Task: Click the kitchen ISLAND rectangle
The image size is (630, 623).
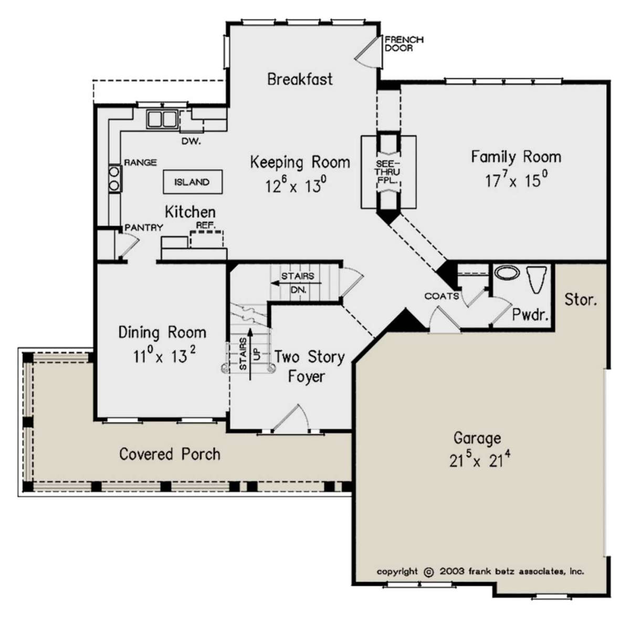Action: click(193, 182)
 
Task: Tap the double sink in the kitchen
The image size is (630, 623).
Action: click(162, 119)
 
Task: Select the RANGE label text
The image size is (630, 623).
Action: click(141, 163)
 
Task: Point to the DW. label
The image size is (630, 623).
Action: click(191, 142)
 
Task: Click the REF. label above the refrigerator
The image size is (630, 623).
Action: click(206, 225)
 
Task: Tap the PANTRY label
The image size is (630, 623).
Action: click(144, 227)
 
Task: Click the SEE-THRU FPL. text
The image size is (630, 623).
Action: click(388, 172)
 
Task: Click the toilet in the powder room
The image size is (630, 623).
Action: click(537, 279)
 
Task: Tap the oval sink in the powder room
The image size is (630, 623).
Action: click(507, 272)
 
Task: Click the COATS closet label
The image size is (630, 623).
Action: click(442, 296)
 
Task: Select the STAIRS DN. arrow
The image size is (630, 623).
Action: click(297, 283)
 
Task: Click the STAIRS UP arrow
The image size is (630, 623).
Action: click(250, 354)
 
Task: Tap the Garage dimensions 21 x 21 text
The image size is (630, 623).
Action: click(480, 460)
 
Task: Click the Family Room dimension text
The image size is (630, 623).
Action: click(517, 180)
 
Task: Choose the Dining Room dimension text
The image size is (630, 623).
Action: click(164, 355)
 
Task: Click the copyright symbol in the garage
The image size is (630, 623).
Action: click(428, 572)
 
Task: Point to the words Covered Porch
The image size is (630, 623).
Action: click(170, 454)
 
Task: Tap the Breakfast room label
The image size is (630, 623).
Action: click(300, 79)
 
